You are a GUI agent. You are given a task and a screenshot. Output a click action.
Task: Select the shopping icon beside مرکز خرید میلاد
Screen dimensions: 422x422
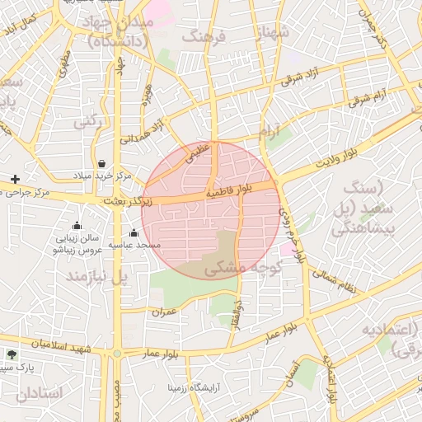(x=101, y=163)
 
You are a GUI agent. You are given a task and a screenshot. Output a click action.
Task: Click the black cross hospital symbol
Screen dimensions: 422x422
(x=14, y=179)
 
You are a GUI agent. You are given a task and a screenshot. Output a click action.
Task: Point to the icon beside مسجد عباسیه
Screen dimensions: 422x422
(x=134, y=233)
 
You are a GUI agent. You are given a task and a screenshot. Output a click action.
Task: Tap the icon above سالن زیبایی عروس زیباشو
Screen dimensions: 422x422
(x=77, y=225)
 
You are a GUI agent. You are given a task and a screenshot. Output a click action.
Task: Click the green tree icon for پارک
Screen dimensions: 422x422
(x=11, y=354)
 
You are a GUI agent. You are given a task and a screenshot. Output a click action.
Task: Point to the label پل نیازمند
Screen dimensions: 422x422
(x=98, y=275)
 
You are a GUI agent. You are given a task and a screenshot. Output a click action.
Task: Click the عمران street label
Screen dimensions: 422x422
(x=164, y=312)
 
